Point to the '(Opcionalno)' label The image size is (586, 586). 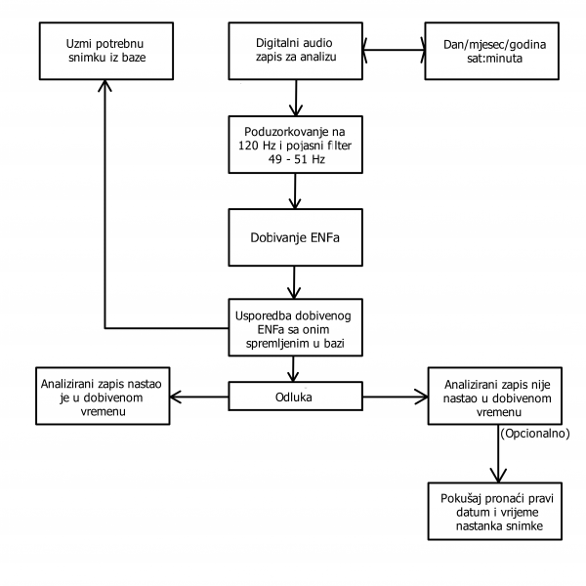535,434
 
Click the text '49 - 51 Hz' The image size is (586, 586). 296,159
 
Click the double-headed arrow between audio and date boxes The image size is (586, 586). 394,50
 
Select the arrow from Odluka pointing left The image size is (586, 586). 199,397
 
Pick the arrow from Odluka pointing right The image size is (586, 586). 396,397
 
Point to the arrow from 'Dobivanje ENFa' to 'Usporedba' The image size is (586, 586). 294,282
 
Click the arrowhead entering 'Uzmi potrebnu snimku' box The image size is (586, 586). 105,85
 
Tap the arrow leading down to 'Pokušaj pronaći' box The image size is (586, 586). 498,454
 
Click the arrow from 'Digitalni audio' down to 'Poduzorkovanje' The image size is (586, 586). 296,98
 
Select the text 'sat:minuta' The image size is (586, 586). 494,59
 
